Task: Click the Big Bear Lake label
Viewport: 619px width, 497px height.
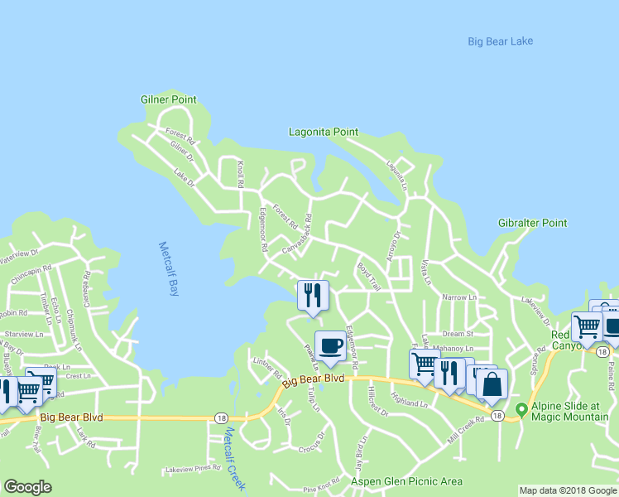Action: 500,41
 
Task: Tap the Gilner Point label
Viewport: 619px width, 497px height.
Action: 168,99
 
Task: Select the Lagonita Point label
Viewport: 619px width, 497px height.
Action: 323,132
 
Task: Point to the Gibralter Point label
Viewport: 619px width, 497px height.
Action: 532,223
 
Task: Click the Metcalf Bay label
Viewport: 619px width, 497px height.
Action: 168,269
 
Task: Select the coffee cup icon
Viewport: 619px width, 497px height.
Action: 330,345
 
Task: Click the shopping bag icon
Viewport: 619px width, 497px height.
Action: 492,384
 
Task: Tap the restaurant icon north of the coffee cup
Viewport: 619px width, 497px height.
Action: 313,296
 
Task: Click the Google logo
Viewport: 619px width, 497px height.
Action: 27,487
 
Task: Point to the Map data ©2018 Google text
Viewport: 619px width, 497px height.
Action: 567,490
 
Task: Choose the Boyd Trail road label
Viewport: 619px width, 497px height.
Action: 368,277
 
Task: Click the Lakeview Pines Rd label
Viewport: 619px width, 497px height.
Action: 193,468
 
